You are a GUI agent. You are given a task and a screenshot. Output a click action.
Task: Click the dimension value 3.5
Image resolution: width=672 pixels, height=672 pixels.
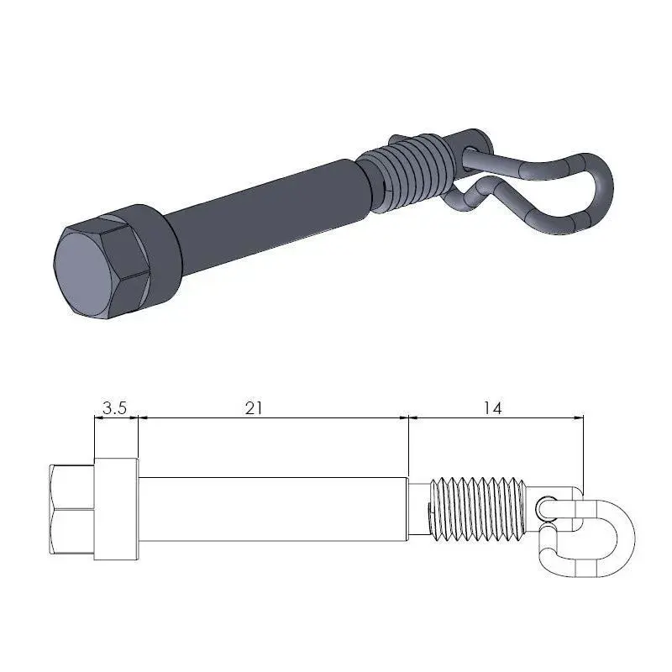click(114, 408)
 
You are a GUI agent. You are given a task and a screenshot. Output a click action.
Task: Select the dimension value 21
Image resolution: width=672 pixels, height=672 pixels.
click(255, 408)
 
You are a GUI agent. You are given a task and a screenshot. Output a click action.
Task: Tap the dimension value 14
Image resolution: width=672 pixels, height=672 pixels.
click(492, 408)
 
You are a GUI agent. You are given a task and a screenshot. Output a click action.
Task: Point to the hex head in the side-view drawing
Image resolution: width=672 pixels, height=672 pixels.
click(72, 508)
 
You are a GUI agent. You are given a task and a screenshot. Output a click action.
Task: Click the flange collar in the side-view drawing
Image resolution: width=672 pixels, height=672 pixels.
click(116, 508)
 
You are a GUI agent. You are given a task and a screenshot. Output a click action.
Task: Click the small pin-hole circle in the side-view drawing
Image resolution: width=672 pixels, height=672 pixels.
click(547, 507)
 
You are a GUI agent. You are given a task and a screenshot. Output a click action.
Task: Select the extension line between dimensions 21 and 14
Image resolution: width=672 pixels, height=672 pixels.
click(408, 445)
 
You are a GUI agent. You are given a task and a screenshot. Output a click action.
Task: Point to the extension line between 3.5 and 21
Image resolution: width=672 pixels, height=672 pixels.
click(138, 437)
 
